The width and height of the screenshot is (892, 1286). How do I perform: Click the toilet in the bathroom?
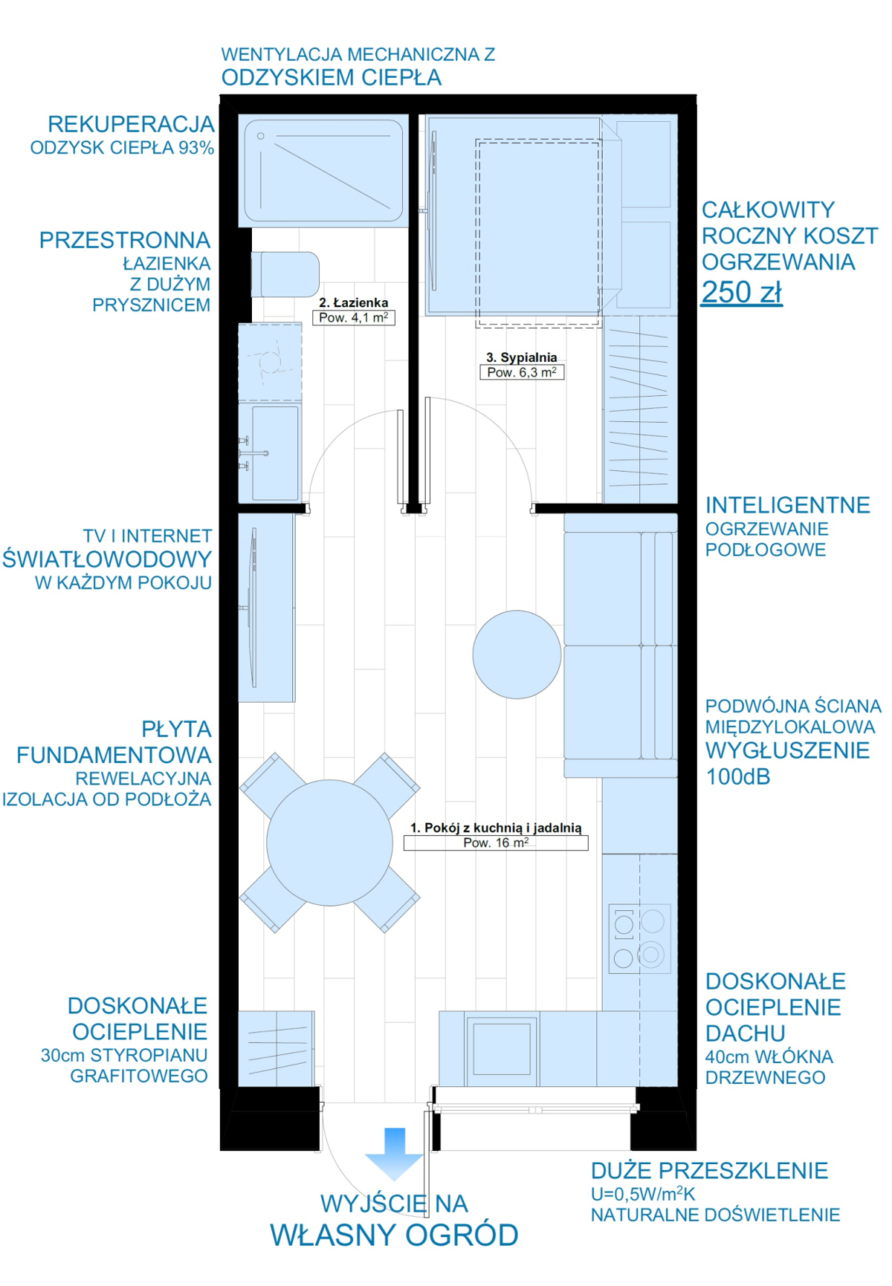(x=285, y=274)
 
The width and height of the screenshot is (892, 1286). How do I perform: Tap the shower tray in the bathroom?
(x=323, y=171)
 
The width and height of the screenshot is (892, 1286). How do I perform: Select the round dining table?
(x=329, y=842)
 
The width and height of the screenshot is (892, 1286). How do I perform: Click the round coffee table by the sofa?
(x=517, y=655)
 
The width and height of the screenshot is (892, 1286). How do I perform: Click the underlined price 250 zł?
(x=742, y=292)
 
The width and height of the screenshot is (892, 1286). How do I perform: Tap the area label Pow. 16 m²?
(x=496, y=842)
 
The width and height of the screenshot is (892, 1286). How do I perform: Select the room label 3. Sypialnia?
(x=522, y=357)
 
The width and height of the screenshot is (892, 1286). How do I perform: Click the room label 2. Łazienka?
(x=354, y=302)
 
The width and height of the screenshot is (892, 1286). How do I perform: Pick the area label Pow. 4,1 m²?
(x=354, y=317)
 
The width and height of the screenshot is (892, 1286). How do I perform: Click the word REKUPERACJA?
(x=132, y=124)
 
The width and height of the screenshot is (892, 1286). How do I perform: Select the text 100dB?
(x=737, y=777)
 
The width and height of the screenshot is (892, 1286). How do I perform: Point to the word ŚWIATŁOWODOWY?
(x=107, y=559)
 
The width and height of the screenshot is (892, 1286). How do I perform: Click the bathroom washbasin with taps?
(x=270, y=452)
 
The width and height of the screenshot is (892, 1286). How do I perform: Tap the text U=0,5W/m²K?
(x=643, y=1194)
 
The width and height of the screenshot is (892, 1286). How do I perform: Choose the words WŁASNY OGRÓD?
(x=394, y=1235)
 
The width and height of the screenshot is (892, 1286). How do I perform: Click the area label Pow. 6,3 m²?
(x=522, y=372)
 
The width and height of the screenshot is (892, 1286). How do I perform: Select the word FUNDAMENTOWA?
(x=114, y=756)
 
